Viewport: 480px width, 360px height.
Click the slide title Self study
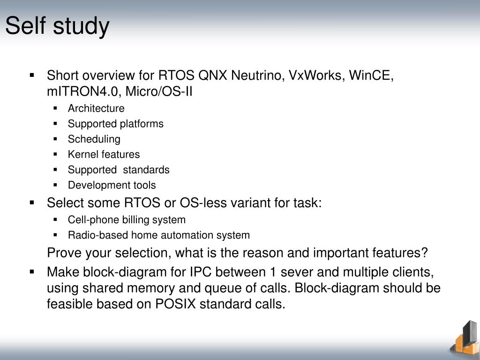click(x=57, y=26)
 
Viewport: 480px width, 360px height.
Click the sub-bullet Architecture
click(x=96, y=108)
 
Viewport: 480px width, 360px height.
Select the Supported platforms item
click(x=115, y=124)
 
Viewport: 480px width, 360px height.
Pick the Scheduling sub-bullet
click(x=94, y=139)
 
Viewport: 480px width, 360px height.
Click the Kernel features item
click(x=104, y=154)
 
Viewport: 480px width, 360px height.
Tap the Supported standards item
click(x=119, y=170)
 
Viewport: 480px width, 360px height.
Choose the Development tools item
click(x=112, y=185)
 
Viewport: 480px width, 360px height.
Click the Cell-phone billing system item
click(x=127, y=219)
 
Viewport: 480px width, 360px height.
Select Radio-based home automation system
click(x=158, y=235)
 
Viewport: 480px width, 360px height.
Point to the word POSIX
click(x=175, y=304)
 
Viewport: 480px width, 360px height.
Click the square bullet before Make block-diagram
click(x=32, y=271)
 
